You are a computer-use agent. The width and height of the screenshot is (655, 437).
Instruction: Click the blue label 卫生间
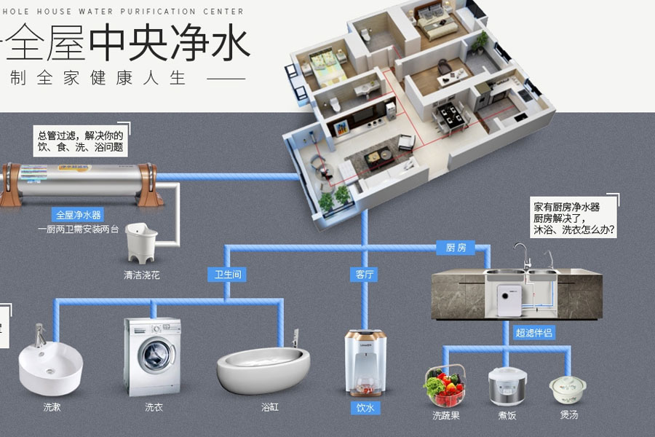[x=226, y=275]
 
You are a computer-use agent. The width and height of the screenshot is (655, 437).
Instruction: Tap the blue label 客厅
[x=365, y=275]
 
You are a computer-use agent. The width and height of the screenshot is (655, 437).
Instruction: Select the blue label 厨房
[x=456, y=248]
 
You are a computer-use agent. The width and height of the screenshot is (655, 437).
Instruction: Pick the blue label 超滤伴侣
[x=534, y=333]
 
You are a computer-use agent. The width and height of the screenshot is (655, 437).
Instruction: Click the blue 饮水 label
[x=365, y=408]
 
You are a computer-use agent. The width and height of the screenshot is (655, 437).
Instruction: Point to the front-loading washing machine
[x=153, y=356]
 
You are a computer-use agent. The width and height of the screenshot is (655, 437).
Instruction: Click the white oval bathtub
[x=264, y=369]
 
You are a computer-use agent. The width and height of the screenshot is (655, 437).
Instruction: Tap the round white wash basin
[x=50, y=366]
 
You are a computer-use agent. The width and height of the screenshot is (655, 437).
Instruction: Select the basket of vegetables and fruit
[x=444, y=385]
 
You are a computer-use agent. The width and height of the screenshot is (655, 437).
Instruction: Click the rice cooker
[x=504, y=385]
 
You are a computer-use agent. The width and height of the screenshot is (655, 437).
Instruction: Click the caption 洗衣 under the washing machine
[x=154, y=407]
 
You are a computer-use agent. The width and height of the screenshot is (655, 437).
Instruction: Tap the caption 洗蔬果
[x=446, y=416]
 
